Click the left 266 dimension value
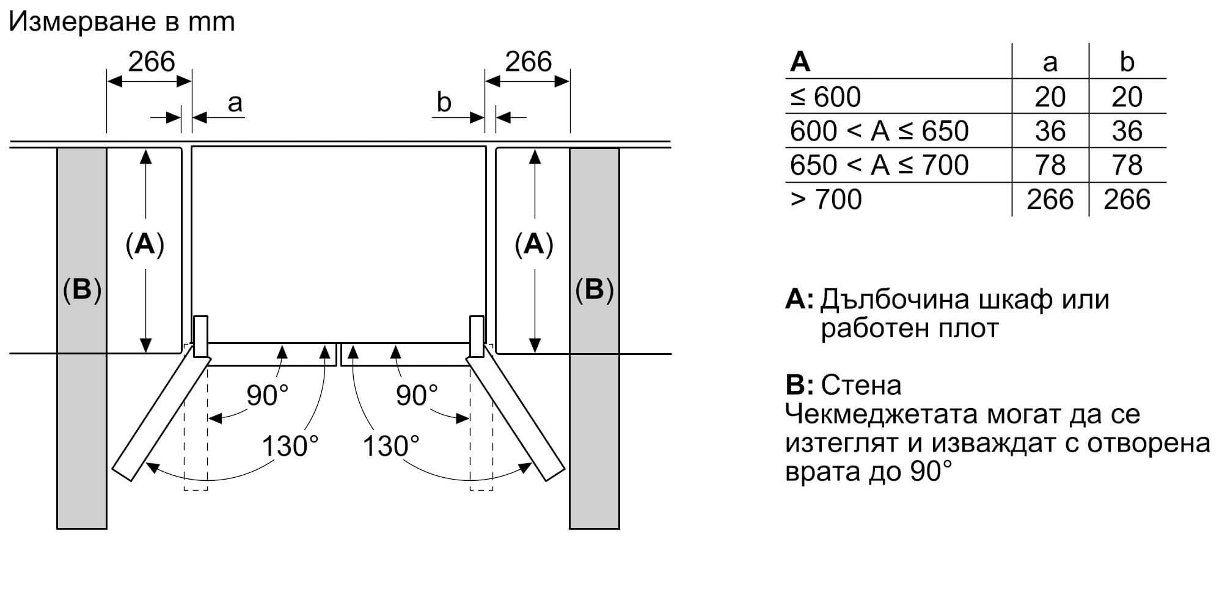point(152,62)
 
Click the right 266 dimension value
point(529,62)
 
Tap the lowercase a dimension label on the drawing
point(235,103)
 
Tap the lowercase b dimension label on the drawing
point(444,102)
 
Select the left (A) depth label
point(145,244)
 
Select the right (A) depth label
point(534,244)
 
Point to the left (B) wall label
point(82,289)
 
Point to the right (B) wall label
point(595,289)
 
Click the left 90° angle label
point(268,395)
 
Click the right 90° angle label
point(417,395)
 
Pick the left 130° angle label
point(290,446)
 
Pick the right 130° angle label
point(392,446)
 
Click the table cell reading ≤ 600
point(825,97)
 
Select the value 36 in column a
point(1050,131)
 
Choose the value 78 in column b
point(1127,165)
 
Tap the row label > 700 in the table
point(825,199)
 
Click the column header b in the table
point(1127,62)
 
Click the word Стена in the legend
point(861,385)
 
